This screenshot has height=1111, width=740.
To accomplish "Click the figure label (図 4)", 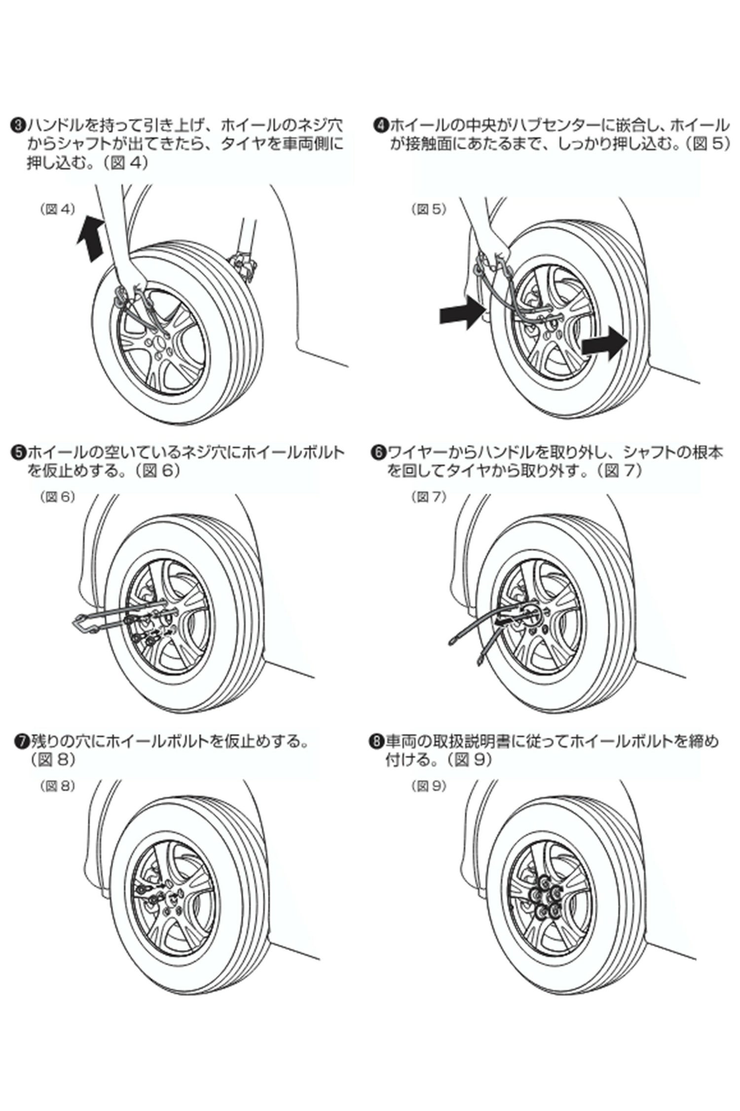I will click(x=57, y=209).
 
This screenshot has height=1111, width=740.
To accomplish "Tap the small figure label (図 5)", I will click(x=429, y=209).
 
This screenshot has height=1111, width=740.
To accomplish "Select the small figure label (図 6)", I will click(x=57, y=497).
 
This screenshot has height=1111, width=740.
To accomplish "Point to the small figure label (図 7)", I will click(x=429, y=497).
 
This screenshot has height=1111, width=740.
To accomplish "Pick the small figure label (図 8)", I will click(x=57, y=786).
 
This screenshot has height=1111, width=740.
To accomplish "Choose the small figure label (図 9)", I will click(x=429, y=786).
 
